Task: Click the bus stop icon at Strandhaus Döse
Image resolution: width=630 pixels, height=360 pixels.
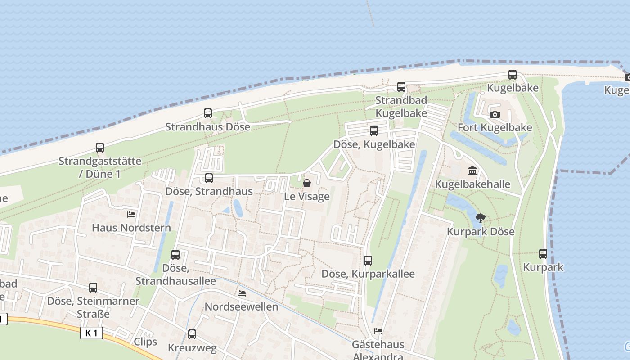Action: point(208,113)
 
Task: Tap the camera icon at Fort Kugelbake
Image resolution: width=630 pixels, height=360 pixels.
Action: point(495,114)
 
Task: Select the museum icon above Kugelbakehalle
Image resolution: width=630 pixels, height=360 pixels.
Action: point(472,171)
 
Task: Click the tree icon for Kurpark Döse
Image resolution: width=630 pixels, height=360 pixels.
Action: point(481,218)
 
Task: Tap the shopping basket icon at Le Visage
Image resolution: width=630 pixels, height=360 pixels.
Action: point(307,183)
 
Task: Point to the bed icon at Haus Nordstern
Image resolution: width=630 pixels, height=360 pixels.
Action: point(131,214)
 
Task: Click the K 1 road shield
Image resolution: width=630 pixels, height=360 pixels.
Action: point(92,333)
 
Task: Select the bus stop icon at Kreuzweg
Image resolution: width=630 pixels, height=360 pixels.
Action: point(192,334)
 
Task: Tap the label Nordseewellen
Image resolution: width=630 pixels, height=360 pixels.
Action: point(241,307)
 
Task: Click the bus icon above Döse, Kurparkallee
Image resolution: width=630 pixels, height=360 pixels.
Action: point(368,260)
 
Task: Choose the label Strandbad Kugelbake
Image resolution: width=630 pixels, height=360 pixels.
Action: point(401,107)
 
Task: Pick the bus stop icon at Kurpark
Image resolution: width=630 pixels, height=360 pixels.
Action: point(543,254)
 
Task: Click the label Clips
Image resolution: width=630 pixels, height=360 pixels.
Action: point(145,342)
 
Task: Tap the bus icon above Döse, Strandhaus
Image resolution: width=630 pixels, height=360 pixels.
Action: point(209,178)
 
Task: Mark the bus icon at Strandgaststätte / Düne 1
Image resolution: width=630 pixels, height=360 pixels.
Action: point(100,148)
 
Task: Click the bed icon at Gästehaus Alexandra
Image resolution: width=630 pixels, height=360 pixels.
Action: point(378,331)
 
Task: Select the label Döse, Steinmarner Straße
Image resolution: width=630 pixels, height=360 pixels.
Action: point(93,307)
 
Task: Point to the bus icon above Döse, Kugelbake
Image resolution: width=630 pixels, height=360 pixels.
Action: point(374,131)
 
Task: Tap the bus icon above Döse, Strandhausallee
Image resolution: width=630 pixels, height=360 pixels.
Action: point(175,255)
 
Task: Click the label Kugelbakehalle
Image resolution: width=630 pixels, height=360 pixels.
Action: point(472,184)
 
